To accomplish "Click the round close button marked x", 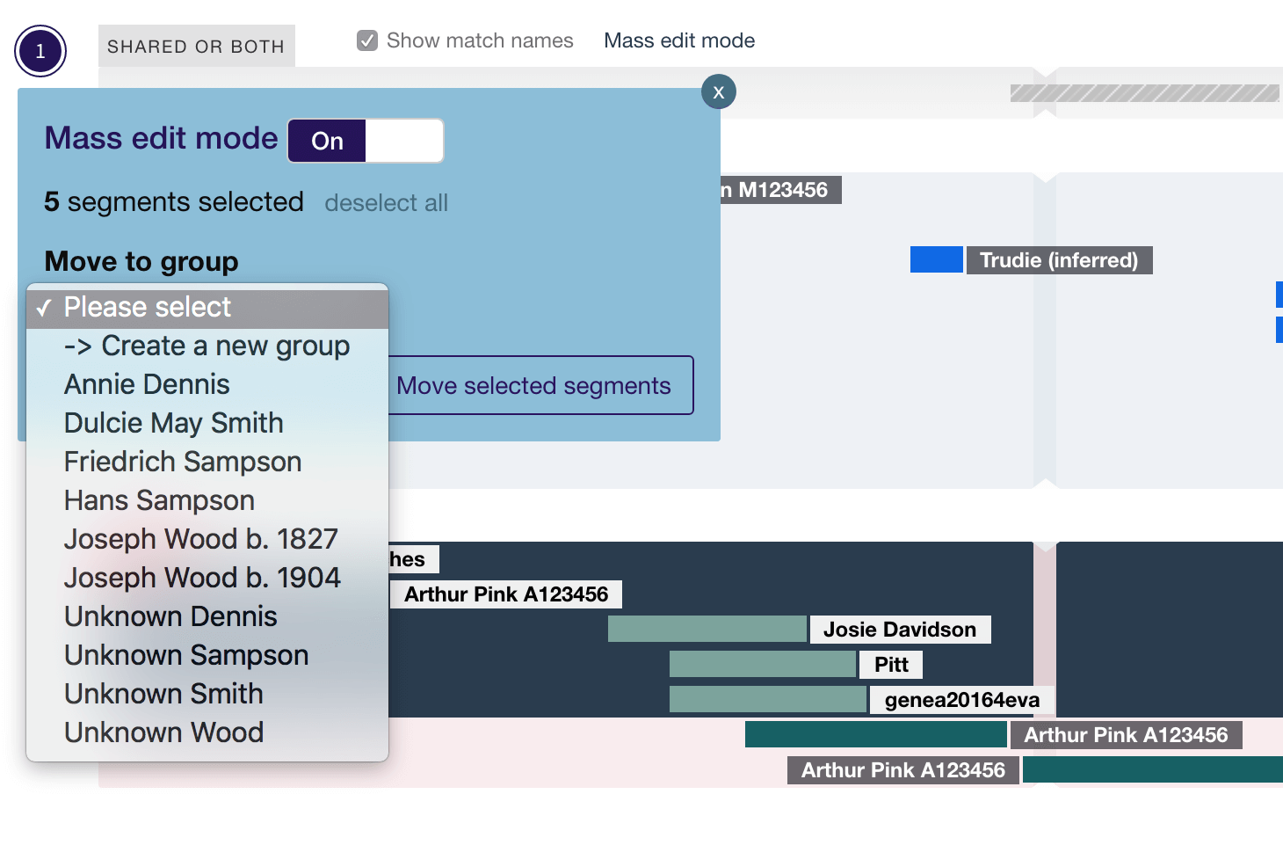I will [718, 92].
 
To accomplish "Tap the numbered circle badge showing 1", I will [40, 52].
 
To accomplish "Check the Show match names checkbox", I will [367, 40].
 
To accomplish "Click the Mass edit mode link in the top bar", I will [679, 40].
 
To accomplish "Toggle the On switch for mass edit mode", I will [366, 141].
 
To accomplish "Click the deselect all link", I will [386, 203].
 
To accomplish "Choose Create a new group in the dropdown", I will [207, 346].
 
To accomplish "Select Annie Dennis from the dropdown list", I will [147, 385].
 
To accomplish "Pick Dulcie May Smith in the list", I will [173, 424].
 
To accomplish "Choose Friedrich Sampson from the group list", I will [183, 463].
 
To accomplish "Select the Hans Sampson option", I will [159, 501].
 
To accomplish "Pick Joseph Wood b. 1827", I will [200, 540].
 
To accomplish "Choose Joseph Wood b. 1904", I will [202, 579].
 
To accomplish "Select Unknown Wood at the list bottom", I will [163, 733].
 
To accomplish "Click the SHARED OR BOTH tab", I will [196, 47].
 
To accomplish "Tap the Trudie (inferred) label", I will [1059, 260].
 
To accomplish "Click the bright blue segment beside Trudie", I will [936, 260].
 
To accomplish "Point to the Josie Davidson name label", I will [900, 630].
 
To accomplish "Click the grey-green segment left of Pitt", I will [762, 665].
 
